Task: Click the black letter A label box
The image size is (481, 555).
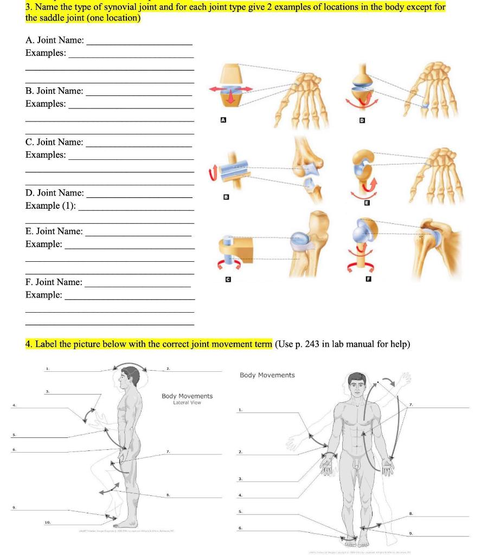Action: click(x=222, y=119)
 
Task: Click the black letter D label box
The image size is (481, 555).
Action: click(x=363, y=119)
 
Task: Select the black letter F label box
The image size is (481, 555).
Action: click(x=369, y=279)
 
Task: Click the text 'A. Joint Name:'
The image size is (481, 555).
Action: click(x=55, y=40)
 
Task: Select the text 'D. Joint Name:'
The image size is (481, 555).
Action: click(x=55, y=192)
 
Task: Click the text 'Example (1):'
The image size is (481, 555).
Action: click(x=50, y=205)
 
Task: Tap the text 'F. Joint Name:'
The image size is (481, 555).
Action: click(x=54, y=282)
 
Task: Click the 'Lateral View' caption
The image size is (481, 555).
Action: click(x=187, y=403)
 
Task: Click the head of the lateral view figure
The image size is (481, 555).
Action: click(x=129, y=376)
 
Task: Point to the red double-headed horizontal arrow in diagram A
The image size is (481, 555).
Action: click(x=232, y=88)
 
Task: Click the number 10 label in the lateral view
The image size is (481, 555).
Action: click(x=48, y=522)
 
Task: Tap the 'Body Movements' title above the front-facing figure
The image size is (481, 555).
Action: click(x=267, y=375)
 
